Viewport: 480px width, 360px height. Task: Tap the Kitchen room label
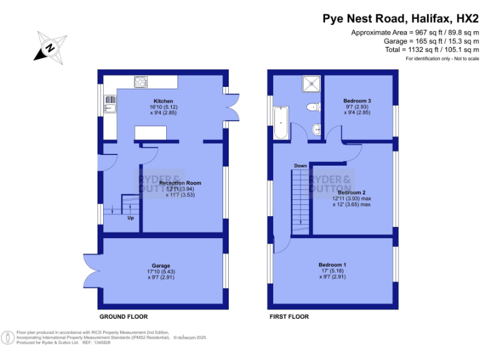click(x=163, y=101)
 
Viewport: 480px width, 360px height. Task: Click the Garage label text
click(x=161, y=266)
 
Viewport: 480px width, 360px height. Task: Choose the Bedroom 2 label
click(x=351, y=192)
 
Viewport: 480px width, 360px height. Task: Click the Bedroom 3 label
click(x=357, y=101)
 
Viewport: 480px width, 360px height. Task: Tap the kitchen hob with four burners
click(x=141, y=81)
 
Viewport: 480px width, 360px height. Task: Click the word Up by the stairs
click(x=131, y=218)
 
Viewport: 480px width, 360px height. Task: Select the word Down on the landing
click(x=301, y=166)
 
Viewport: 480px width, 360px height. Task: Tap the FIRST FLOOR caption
click(x=289, y=317)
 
